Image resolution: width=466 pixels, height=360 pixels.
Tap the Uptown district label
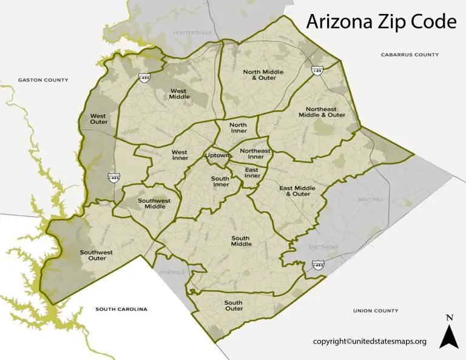pos(217,156)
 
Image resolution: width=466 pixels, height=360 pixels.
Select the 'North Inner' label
pos(238,127)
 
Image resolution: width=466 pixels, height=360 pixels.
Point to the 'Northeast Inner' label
pos(255,154)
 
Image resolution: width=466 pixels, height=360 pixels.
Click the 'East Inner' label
pos(252,172)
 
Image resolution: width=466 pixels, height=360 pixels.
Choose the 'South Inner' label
pos(220,182)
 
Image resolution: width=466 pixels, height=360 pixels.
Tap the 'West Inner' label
pos(180,155)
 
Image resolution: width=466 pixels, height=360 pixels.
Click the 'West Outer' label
pos(98,118)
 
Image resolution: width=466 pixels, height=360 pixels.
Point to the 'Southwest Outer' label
pos(93,255)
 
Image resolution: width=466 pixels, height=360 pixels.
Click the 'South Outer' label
pos(234,305)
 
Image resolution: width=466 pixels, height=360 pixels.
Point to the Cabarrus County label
pos(410,55)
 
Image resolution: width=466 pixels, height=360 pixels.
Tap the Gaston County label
pos(44,80)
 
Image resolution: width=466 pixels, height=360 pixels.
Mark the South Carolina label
pos(121,309)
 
